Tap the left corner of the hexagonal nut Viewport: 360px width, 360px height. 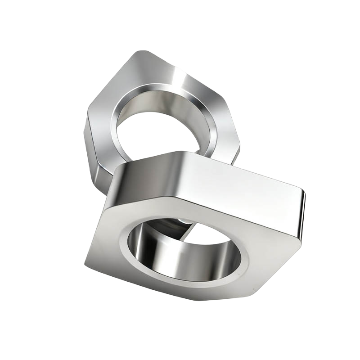[86, 118]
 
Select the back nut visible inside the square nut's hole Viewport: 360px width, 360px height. [169, 227]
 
